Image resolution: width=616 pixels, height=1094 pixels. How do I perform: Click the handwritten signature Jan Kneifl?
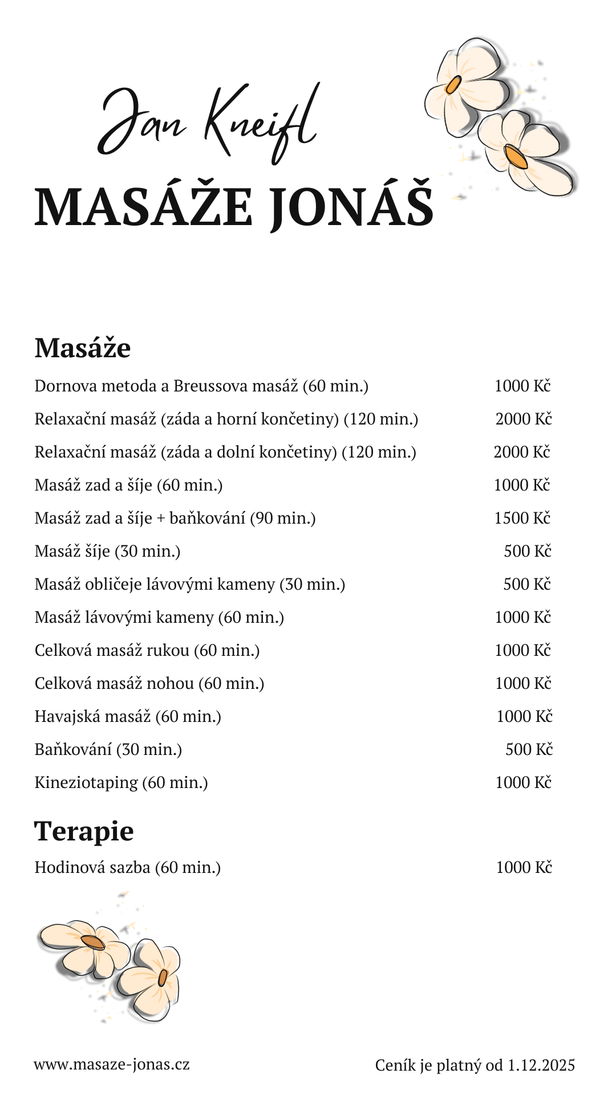(208, 123)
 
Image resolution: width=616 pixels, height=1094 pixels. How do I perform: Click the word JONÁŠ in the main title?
(351, 206)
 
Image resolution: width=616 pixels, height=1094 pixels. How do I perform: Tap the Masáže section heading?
(83, 348)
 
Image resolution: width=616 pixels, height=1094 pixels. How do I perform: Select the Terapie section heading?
(84, 831)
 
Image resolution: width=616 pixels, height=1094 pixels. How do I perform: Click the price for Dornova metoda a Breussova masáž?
(522, 386)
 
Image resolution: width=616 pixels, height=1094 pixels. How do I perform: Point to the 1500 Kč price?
(522, 518)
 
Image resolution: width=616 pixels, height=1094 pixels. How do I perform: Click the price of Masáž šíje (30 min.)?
(528, 551)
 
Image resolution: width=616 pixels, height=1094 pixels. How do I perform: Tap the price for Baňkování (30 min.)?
(529, 749)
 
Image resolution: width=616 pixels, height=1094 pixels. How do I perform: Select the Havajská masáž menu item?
(128, 716)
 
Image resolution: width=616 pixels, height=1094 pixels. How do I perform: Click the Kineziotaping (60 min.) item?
(121, 782)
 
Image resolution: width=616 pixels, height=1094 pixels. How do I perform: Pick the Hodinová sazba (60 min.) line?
(127, 867)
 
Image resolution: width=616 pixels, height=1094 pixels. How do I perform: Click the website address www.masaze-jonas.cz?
(112, 1064)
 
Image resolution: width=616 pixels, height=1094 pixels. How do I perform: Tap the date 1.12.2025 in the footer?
(541, 1065)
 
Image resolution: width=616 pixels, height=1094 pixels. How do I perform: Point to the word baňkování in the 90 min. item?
(207, 518)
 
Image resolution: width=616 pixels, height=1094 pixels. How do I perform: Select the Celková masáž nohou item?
(149, 683)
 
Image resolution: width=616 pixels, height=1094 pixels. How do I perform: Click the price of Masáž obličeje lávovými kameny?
(527, 584)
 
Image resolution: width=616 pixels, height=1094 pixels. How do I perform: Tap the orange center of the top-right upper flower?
(453, 85)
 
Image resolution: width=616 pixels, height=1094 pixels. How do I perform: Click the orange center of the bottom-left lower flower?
(163, 978)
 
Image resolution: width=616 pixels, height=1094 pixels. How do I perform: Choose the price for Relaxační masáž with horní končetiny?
(524, 419)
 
